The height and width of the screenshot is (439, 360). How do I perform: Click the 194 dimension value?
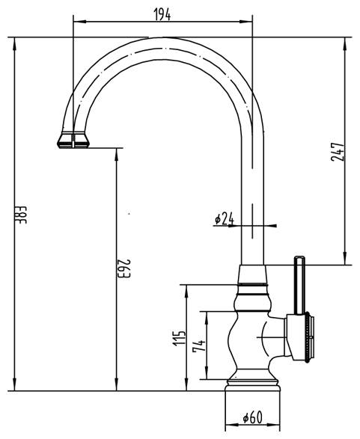coord(162,14)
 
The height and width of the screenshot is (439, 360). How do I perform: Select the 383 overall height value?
coord(20,215)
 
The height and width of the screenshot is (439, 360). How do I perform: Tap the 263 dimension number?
coord(123,268)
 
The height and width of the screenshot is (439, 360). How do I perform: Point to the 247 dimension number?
coord(338,152)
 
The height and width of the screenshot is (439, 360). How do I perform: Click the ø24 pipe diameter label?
coord(224,218)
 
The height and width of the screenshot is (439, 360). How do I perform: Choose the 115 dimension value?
coord(179,338)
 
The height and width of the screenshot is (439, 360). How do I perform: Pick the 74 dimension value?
coord(199,346)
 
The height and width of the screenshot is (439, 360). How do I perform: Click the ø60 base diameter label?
coord(252,417)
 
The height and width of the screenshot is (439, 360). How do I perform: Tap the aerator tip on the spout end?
coord(73,140)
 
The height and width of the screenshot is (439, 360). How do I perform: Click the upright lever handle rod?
coord(299,285)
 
